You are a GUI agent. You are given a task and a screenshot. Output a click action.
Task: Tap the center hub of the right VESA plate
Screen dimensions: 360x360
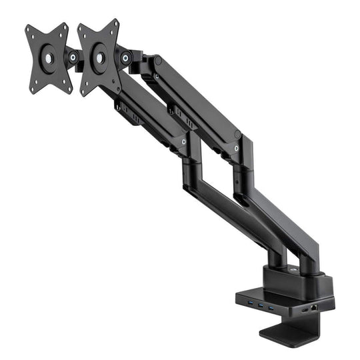98,58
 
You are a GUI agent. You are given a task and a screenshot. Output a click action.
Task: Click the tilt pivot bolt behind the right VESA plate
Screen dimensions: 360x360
125,58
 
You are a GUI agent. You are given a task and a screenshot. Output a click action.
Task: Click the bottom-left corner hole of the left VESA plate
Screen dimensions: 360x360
33,87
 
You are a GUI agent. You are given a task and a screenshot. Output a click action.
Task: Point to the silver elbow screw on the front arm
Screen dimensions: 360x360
184,143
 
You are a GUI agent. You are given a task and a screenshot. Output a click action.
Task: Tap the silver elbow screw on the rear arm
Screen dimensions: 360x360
237,135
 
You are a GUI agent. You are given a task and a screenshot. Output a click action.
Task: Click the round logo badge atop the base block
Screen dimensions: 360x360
294,269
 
